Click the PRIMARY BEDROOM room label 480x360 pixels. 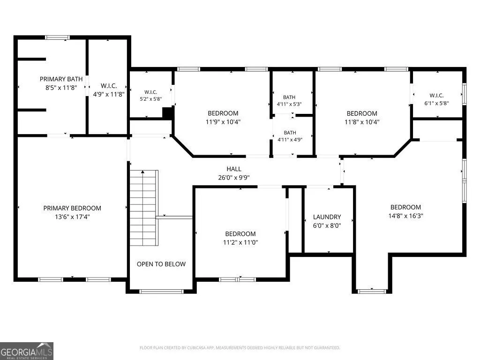[72, 208]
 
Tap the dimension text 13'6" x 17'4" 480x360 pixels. [72, 217]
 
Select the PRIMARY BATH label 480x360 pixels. [61, 79]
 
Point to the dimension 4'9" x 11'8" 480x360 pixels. [109, 94]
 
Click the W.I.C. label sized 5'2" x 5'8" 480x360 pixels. [151, 92]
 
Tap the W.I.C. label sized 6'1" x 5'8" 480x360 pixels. [436, 96]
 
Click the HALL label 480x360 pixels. [234, 169]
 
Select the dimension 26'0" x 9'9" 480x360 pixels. [234, 178]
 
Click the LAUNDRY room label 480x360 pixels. [327, 217]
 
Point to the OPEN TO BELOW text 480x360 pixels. [161, 264]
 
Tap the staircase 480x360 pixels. [144, 208]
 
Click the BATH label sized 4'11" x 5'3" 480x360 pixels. [289, 97]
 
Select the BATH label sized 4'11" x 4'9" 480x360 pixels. [290, 133]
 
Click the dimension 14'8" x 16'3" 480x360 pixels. [405, 216]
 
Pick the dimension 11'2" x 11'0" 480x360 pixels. [240, 242]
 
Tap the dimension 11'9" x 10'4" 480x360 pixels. [223, 122]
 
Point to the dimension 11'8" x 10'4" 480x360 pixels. [362, 122]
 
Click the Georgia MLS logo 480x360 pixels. [27, 351]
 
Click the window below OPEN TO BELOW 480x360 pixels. [161, 292]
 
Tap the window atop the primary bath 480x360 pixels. [57, 37]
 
